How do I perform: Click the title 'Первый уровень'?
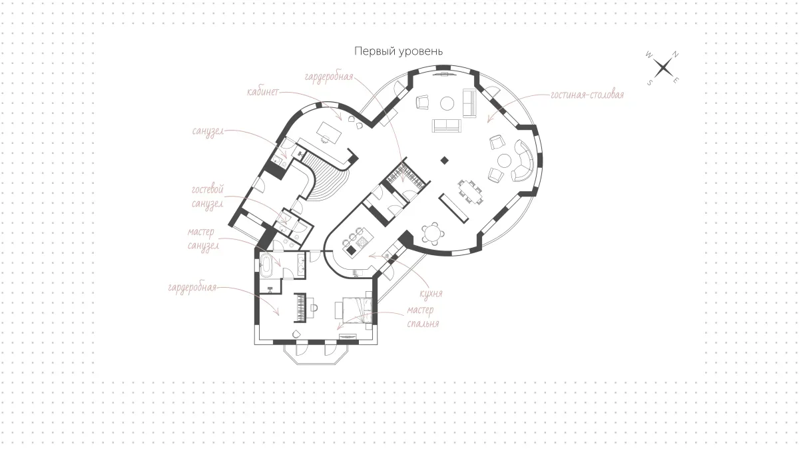coord(398,51)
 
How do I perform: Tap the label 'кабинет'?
coord(262,92)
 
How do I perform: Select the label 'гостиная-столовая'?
coord(587,95)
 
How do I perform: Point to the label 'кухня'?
coord(431,294)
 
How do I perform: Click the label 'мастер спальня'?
coord(423,316)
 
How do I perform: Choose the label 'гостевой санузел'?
coord(208,197)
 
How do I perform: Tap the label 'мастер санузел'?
coord(203,238)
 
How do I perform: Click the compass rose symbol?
coord(663,68)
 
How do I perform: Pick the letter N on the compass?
coord(675,55)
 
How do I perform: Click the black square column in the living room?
coord(444,161)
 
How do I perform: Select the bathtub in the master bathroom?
coord(266,265)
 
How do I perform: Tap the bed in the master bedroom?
coord(357,310)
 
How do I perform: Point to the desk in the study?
coord(329,133)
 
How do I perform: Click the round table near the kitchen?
coord(432,233)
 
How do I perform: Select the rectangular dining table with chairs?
coord(471,192)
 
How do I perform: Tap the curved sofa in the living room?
coord(524,161)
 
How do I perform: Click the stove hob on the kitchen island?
coord(362,242)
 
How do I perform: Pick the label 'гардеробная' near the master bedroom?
coord(192,287)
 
